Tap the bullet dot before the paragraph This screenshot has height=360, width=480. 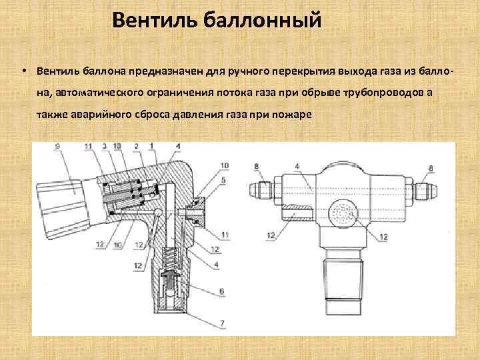(x=23, y=70)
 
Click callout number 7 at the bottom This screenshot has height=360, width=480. (x=223, y=324)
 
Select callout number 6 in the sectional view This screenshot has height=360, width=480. (x=223, y=291)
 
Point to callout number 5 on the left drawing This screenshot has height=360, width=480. (x=223, y=180)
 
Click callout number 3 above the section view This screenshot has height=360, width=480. (x=104, y=146)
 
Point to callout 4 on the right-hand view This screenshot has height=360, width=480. (x=297, y=165)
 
